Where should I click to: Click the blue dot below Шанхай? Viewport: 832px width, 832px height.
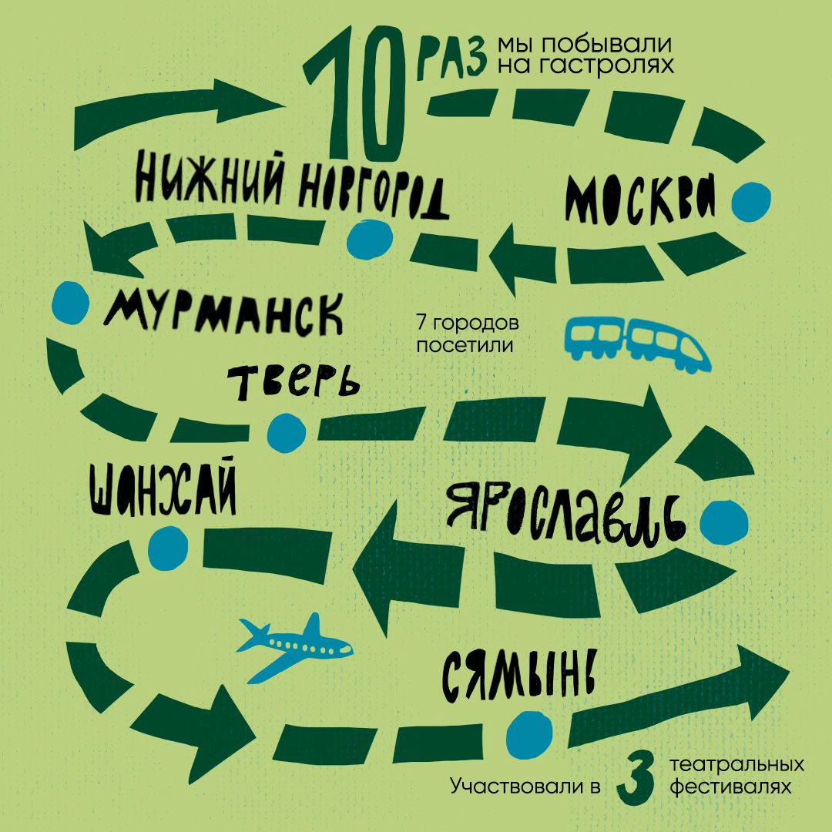[x=167, y=546]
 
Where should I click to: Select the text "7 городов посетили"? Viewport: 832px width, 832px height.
[x=467, y=333]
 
